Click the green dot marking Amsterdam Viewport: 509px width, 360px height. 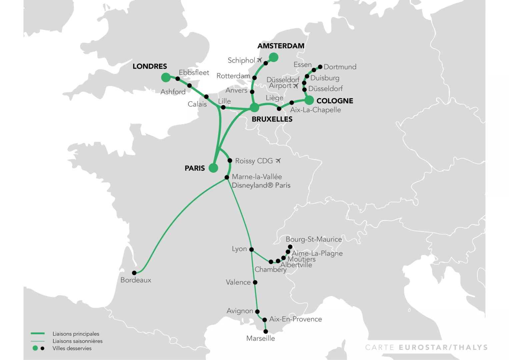pyautogui.click(x=273, y=57)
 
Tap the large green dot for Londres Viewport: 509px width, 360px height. pyautogui.click(x=166, y=77)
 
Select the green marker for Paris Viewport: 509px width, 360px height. pyautogui.click(x=213, y=168)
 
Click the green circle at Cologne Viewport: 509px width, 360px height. pyautogui.click(x=309, y=100)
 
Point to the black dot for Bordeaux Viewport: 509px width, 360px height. pyautogui.click(x=134, y=273)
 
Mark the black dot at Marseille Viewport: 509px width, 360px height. pyautogui.click(x=266, y=332)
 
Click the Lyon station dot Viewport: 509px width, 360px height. pyautogui.click(x=252, y=249)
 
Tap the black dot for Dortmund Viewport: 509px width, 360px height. pyautogui.click(x=320, y=67)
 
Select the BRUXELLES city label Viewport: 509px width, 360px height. pyautogui.click(x=272, y=119)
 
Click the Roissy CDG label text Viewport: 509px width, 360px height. pyautogui.click(x=254, y=161)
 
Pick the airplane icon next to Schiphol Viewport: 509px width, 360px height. pyautogui.click(x=260, y=60)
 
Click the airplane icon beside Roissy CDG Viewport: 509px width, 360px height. pyautogui.click(x=278, y=161)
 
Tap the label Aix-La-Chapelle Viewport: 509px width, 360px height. pyautogui.click(x=315, y=110)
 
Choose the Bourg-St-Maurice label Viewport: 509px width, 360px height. pyautogui.click(x=314, y=239)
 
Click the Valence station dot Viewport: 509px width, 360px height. pyautogui.click(x=255, y=282)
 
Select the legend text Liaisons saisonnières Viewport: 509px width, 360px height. pyautogui.click(x=77, y=341)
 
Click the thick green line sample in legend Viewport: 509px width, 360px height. pyautogui.click(x=38, y=333)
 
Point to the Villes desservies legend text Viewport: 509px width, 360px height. pyautogui.click(x=72, y=348)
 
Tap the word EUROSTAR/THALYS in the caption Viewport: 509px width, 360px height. pyautogui.click(x=443, y=348)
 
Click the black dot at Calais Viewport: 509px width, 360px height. pyautogui.click(x=206, y=97)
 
